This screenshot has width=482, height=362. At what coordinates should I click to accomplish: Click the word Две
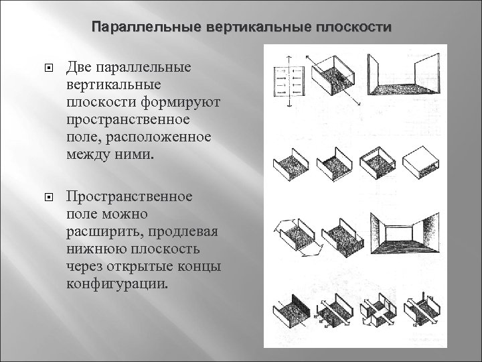coord(80,67)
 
